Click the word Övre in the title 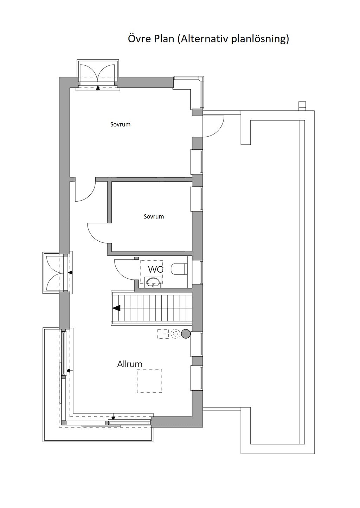(139, 38)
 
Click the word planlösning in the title (260, 39)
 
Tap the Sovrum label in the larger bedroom (120, 124)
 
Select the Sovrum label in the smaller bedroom (154, 216)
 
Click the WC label (156, 269)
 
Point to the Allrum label (130, 364)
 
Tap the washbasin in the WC (153, 282)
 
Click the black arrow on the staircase (116, 308)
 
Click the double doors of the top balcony (98, 73)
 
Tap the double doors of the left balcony (55, 272)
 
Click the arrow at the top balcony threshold (98, 88)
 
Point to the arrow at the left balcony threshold (70, 272)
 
